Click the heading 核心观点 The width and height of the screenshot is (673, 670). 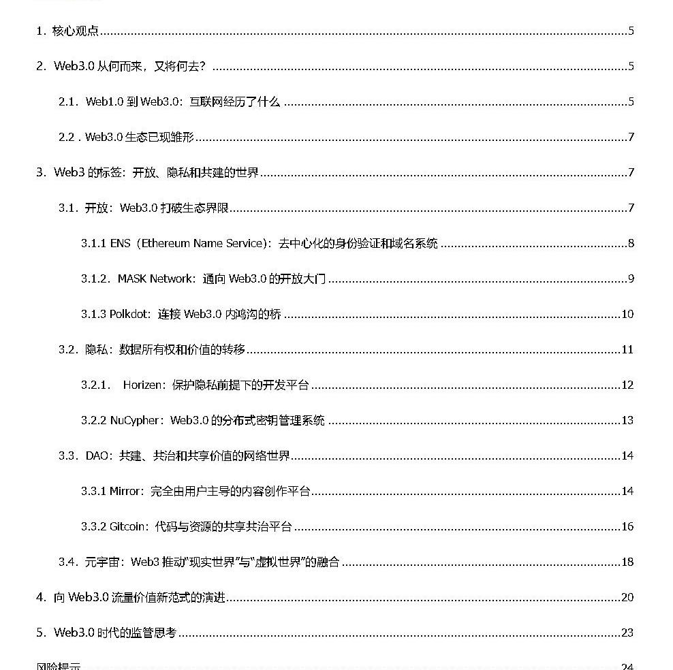pos(76,31)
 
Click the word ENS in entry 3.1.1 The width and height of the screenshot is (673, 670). pos(121,243)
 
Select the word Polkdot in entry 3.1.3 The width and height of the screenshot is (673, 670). pos(130,314)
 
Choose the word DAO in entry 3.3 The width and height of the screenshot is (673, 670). pos(97,456)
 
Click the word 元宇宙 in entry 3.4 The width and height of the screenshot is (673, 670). pos(96,562)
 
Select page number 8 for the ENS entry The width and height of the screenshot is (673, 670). pos(631,243)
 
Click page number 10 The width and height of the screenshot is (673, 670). pos(627,314)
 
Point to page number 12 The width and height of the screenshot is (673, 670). pos(627,385)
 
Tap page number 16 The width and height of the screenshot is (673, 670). pos(627,526)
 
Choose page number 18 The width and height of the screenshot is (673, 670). pos(627,562)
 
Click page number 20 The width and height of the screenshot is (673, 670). pos(627,597)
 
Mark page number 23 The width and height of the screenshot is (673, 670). pos(627,633)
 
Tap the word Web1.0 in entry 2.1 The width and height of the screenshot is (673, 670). pos(104,101)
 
